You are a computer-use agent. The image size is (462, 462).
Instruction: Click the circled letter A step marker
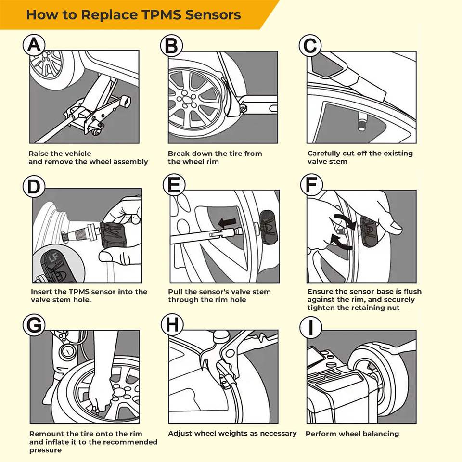coord(34,45)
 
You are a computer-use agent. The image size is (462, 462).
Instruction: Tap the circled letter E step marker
coord(174,185)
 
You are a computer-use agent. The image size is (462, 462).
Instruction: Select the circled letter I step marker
coord(311,328)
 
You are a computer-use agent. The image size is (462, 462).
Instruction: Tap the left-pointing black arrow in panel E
coord(227,222)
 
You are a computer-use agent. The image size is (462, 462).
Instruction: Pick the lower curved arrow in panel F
coord(341,242)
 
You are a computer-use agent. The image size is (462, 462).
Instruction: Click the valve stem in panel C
coord(361,122)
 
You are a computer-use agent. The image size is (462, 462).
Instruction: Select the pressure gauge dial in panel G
coord(67,351)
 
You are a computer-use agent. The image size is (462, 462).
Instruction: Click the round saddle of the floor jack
coord(125,101)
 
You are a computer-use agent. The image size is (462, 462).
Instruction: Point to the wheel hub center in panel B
coord(186,100)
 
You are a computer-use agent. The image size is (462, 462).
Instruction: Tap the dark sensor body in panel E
coord(268,227)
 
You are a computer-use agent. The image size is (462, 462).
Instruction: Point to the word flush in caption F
coord(412,292)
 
